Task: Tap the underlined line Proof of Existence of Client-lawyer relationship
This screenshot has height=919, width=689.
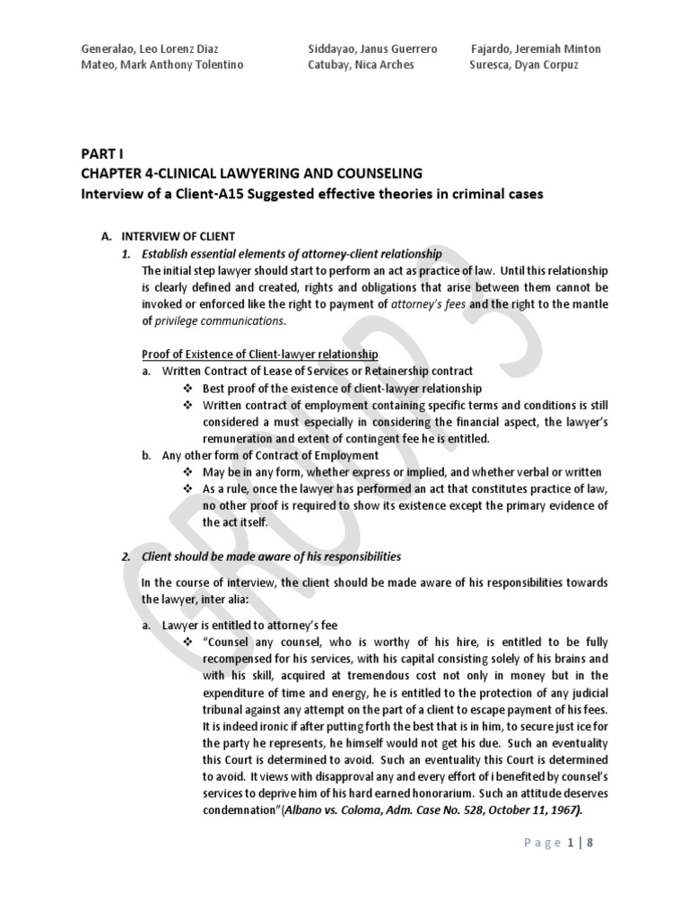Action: pos(260,354)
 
